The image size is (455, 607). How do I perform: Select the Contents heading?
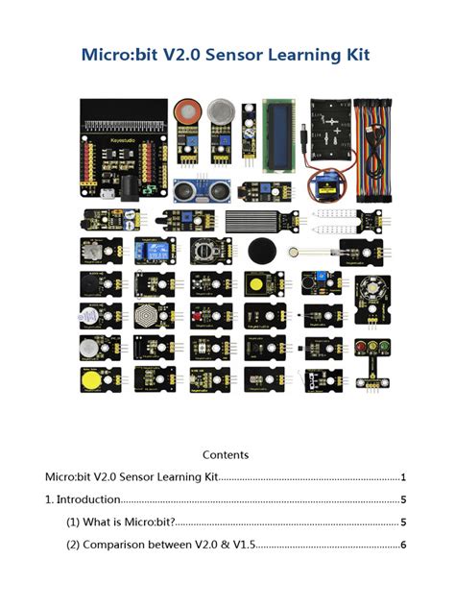226,454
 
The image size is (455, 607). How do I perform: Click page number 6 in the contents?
404,545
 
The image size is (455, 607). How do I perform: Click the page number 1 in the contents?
404,476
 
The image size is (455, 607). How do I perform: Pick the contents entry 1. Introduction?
83,499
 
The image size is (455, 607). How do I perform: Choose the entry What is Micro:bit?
120,522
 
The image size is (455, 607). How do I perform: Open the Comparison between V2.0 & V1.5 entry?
160,545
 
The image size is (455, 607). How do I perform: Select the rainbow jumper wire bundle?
372,144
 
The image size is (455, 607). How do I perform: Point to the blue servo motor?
334,183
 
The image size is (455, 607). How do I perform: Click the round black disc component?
264,253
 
